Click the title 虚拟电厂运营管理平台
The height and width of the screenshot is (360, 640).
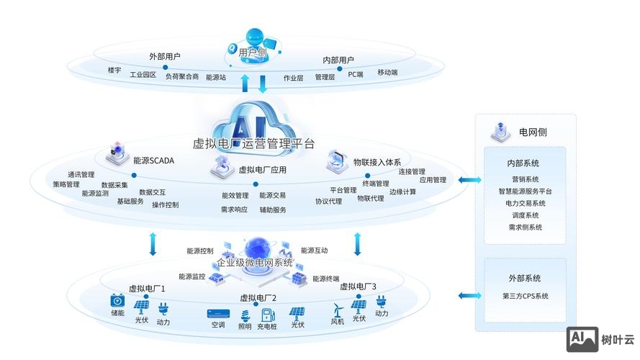tap(253, 143)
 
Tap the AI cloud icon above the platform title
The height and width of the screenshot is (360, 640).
tap(253, 115)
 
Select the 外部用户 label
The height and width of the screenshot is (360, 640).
tap(165, 56)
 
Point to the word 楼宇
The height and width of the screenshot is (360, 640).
tap(114, 70)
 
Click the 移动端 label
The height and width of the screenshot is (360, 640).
tap(387, 73)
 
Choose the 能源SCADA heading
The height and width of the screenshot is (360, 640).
tap(153, 161)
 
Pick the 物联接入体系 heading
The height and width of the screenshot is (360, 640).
tap(377, 162)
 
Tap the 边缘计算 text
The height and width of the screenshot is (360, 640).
tap(402, 192)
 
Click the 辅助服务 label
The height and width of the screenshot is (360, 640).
tap(273, 210)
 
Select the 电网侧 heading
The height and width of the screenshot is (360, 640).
tap(533, 132)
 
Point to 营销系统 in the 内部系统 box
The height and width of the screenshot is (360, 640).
tap(525, 179)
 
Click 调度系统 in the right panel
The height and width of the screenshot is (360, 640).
tap(525, 215)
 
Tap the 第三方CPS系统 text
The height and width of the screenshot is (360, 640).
tap(525, 296)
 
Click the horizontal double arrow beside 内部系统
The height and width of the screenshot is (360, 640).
tap(470, 180)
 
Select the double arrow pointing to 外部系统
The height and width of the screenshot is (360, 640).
tap(470, 295)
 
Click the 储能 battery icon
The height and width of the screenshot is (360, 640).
tap(117, 300)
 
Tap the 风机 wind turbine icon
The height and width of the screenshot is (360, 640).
tap(336, 309)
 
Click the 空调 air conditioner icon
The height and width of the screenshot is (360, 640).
tap(218, 314)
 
